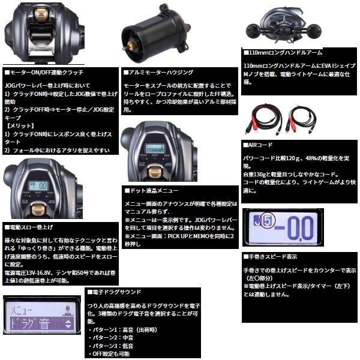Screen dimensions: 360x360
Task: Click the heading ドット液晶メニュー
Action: click(154, 190)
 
